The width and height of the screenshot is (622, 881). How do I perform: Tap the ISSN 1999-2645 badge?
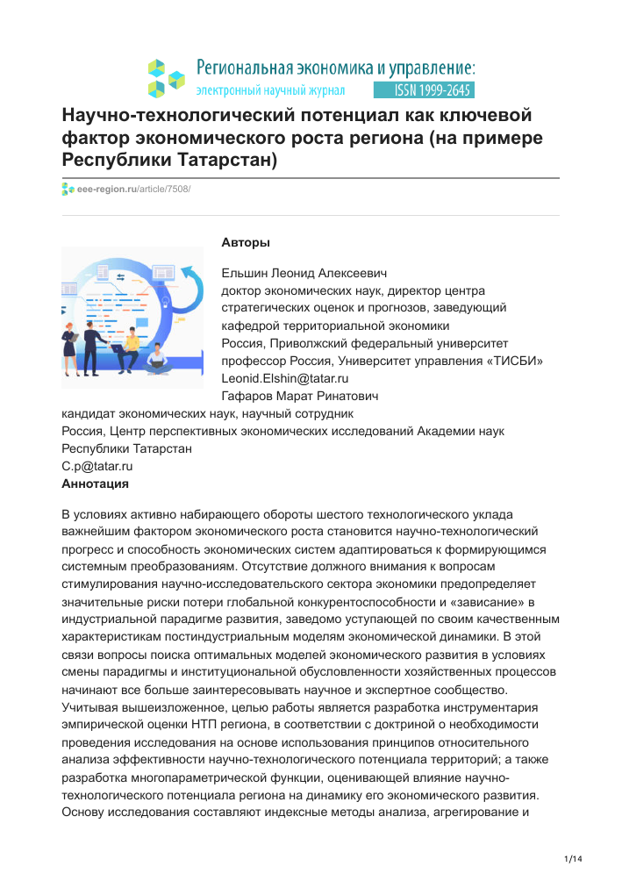pyautogui.click(x=424, y=90)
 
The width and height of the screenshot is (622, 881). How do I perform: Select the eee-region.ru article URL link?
pyautogui.click(x=133, y=189)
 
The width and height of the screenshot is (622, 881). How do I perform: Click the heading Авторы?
pyautogui.click(x=246, y=242)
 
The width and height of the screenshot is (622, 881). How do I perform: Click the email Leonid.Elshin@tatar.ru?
pyautogui.click(x=285, y=378)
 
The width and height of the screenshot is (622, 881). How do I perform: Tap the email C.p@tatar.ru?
pyautogui.click(x=97, y=466)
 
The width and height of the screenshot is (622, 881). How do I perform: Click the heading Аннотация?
pyautogui.click(x=96, y=483)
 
